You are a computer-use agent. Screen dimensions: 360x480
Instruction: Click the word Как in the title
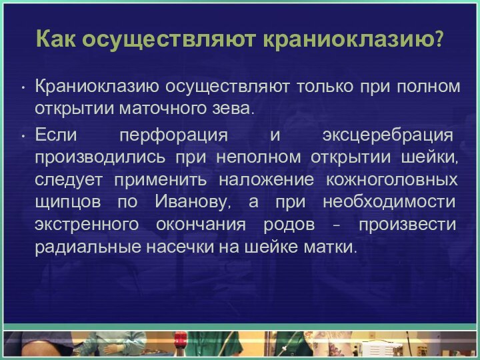point(56,40)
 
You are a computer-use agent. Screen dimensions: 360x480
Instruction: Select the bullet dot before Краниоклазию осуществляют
point(23,87)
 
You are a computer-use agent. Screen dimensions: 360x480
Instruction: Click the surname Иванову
point(192,202)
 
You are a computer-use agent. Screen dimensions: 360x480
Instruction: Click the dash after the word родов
point(335,225)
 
